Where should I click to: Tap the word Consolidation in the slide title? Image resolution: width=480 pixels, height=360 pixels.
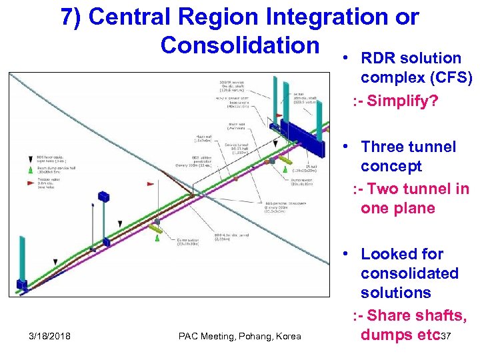tap(239, 45)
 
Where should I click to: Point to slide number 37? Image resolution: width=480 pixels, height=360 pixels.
tap(446, 336)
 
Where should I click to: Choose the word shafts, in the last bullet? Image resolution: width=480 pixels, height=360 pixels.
tap(434, 315)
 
